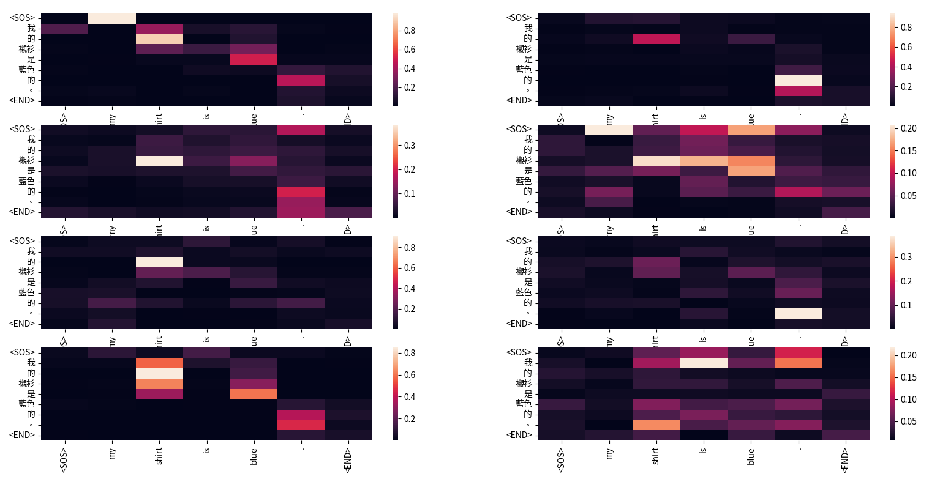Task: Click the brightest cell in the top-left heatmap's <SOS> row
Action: coord(112,18)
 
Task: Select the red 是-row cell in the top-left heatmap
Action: coord(254,59)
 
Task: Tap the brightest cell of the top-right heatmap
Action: coord(798,80)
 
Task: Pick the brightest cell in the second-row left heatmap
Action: coord(160,161)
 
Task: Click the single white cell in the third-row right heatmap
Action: coord(798,313)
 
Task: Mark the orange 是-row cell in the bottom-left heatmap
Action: coord(254,394)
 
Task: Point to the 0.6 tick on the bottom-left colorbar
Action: coord(408,375)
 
